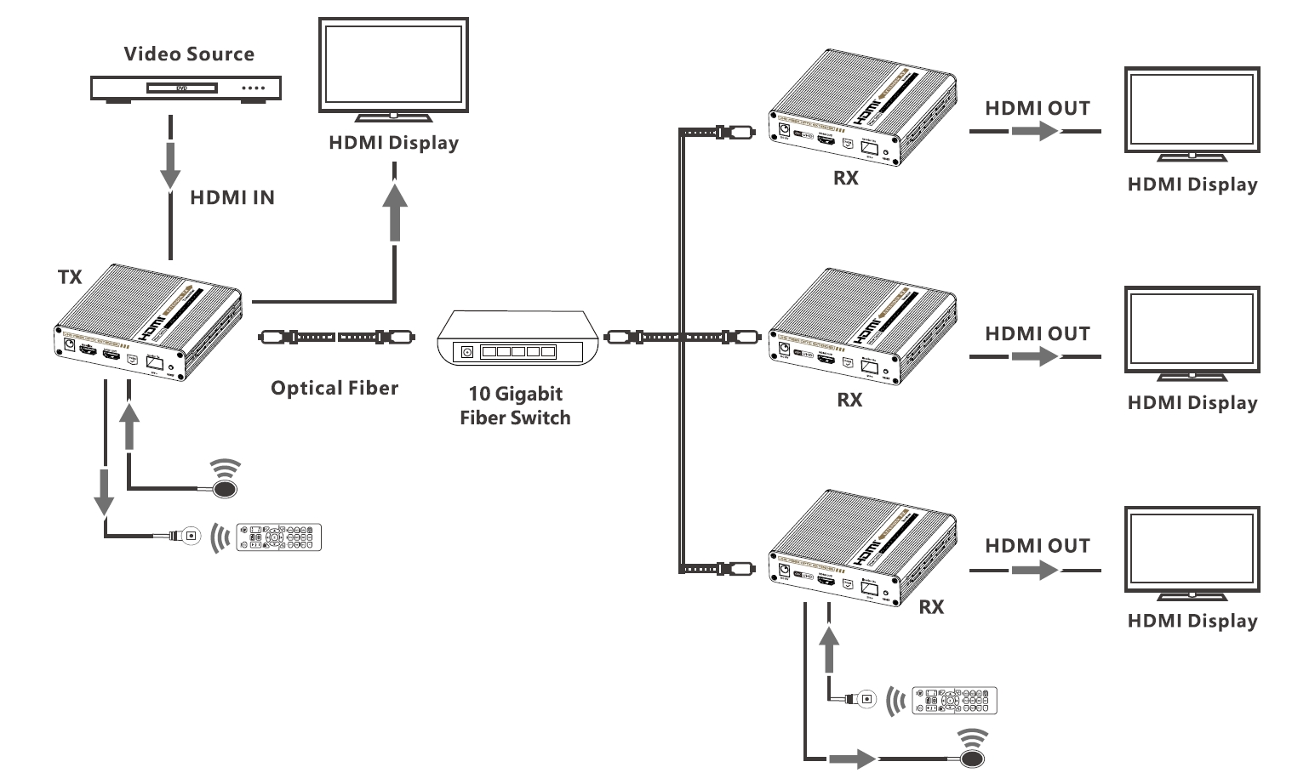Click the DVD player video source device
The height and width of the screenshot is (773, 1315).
(x=186, y=88)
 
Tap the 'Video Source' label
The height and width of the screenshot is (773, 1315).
(x=189, y=54)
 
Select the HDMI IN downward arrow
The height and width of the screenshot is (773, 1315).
(x=171, y=167)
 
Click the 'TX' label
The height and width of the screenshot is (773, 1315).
(x=70, y=277)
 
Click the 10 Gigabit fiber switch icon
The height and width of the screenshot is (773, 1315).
(x=514, y=338)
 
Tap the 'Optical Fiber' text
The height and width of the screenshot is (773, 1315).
(x=334, y=389)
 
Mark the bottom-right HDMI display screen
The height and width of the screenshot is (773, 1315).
(x=1192, y=551)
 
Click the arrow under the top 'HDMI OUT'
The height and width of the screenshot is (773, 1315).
(x=1035, y=132)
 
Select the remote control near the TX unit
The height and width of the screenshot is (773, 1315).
(x=279, y=537)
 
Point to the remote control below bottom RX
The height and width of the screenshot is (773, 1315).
(x=954, y=700)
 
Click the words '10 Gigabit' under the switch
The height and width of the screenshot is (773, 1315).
(x=515, y=394)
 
